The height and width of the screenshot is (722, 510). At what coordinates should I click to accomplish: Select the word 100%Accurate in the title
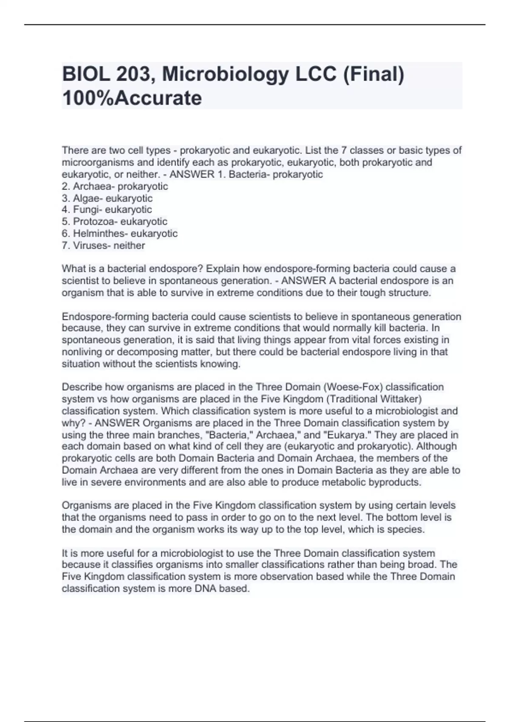coord(132,98)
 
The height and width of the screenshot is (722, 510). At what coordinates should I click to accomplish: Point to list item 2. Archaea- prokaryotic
coord(115,186)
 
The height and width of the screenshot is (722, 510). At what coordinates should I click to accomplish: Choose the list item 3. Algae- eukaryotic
coord(107,198)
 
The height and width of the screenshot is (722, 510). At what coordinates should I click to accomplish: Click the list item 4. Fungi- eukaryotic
coord(107,210)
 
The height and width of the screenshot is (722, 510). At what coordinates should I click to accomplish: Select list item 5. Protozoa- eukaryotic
coord(114,222)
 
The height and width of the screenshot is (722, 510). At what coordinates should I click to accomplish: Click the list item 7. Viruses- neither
coord(103,245)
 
